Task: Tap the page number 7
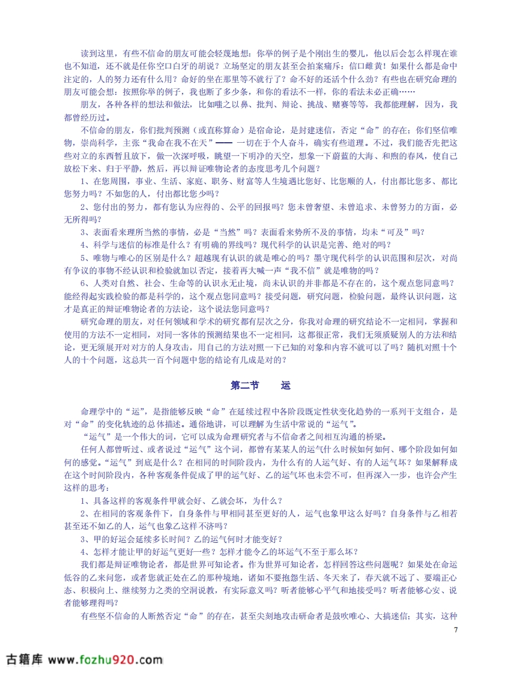point(456,630)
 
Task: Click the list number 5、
point(85,257)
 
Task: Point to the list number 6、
point(85,283)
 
